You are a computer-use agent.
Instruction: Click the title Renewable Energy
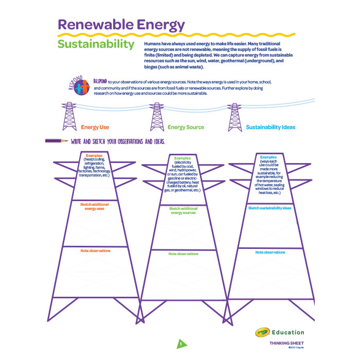121,24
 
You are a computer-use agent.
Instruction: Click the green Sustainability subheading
96,44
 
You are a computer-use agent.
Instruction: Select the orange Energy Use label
95,127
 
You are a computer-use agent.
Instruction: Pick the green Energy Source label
186,127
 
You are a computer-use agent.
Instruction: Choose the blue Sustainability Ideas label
271,127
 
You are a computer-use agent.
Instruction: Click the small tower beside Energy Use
68,117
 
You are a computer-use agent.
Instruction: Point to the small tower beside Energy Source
156,117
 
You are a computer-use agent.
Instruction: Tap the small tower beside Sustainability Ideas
235,117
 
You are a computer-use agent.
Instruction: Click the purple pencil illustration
57,140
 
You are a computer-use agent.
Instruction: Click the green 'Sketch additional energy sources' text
184,210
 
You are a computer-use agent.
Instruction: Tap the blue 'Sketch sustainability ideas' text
270,208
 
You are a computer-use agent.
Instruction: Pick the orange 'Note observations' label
95,250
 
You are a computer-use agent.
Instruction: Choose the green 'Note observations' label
184,254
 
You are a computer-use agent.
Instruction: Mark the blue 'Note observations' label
270,253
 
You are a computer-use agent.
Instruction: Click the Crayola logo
262,332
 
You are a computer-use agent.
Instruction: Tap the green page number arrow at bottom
181,344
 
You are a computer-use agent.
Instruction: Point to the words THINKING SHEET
286,343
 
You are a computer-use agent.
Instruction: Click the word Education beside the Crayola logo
288,332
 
